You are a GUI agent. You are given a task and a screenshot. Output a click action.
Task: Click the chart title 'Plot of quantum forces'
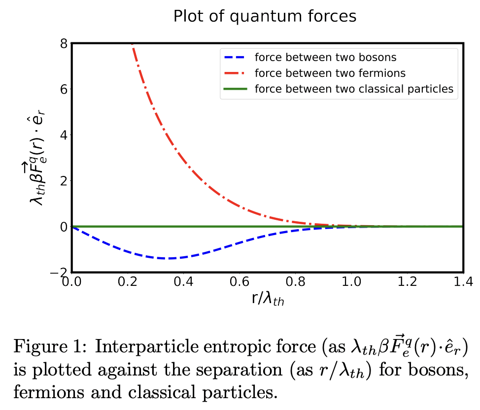tap(265, 16)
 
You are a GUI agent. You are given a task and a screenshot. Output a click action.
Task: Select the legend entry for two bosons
tap(325, 57)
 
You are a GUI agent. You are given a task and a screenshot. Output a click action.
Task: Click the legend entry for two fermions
tap(330, 73)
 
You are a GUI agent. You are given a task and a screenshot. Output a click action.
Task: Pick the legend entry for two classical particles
tap(353, 89)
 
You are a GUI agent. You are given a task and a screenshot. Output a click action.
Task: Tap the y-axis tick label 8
tap(63, 44)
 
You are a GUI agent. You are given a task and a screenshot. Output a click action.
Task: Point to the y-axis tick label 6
tap(63, 89)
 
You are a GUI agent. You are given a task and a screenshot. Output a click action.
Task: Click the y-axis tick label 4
tap(63, 135)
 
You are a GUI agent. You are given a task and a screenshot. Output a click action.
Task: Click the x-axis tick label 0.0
tap(72, 282)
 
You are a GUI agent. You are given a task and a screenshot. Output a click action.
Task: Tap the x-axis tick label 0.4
tap(183, 282)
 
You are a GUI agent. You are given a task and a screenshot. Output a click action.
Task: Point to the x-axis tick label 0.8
tap(295, 282)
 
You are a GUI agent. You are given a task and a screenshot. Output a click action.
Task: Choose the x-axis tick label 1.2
tap(407, 282)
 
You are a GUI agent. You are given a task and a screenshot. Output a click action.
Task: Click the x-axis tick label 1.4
tap(462, 282)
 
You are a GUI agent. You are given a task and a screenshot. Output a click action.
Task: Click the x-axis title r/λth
tap(267, 299)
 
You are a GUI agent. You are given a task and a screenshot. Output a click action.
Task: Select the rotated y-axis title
tap(42, 157)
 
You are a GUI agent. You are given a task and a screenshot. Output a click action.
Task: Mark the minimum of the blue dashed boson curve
tap(170, 258)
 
